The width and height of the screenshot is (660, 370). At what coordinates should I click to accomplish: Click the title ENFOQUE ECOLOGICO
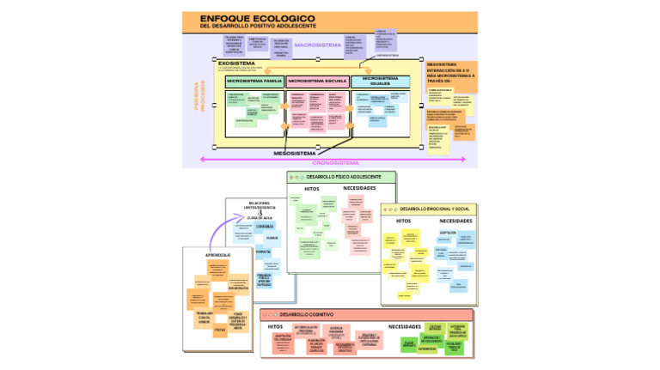257,18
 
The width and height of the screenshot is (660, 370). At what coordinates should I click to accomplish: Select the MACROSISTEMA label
317,45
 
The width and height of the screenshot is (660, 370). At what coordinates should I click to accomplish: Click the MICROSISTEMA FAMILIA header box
254,81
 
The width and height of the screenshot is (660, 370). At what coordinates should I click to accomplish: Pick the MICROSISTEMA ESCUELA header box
317,81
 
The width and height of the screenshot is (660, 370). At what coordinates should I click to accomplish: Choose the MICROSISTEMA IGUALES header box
380,81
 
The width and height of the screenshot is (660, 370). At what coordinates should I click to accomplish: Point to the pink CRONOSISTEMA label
334,161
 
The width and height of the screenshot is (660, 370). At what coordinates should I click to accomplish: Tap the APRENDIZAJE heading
218,255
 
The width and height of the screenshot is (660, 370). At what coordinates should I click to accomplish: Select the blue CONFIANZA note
265,227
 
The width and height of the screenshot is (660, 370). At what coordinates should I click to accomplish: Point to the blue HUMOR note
272,237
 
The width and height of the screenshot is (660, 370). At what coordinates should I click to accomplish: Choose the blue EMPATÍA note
263,251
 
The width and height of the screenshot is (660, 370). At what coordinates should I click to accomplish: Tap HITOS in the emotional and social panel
403,221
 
